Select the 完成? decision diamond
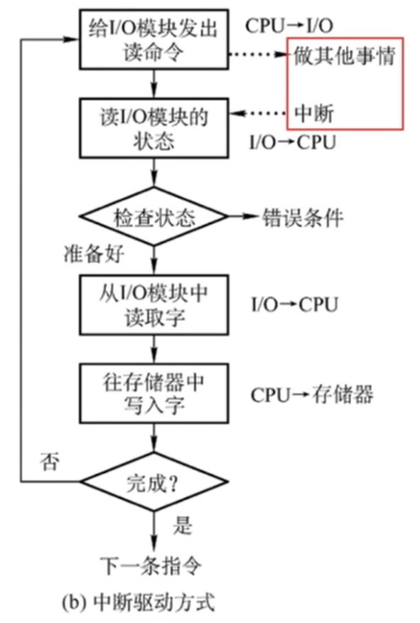click(154, 484)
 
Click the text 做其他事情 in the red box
click(343, 55)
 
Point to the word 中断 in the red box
click(313, 113)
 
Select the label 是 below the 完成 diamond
click(183, 526)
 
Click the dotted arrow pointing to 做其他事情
click(256, 55)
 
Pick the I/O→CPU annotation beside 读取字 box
click(294, 305)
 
